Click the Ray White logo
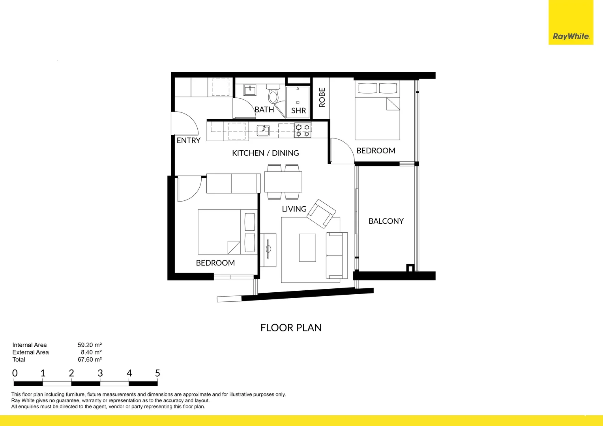point(571,36)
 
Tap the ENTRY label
point(188,140)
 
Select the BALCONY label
point(386,221)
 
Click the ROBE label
point(322,97)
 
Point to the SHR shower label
point(298,111)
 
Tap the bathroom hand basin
point(250,90)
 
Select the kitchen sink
point(263,130)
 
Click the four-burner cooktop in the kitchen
point(303,131)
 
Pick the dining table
point(283,182)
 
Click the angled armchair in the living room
point(321,213)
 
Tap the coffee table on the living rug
point(307,248)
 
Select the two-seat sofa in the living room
point(336,256)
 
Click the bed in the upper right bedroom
point(377,110)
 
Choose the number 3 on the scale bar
point(100,373)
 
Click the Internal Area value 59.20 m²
point(90,345)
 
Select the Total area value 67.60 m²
point(90,360)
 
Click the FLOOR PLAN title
point(291,328)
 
